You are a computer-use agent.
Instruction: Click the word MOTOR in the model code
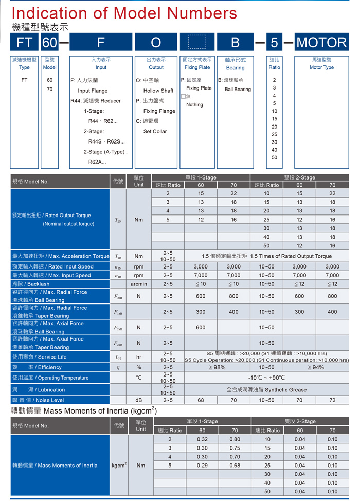pyautogui.click(x=322, y=42)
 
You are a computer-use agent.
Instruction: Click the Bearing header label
pyautogui.click(x=235, y=68)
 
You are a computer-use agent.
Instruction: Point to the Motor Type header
pyautogui.click(x=321, y=67)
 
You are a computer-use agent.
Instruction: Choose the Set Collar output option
pyautogui.click(x=155, y=132)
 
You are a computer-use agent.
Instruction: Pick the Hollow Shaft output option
pyautogui.click(x=158, y=91)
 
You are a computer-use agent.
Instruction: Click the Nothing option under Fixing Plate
pyautogui.click(x=194, y=105)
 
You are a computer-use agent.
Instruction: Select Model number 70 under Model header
pyautogui.click(x=49, y=90)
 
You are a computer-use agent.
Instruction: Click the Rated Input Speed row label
pyautogui.click(x=53, y=266)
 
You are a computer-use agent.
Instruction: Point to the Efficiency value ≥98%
pyautogui.click(x=217, y=367)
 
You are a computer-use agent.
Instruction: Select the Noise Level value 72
pyautogui.click(x=332, y=400)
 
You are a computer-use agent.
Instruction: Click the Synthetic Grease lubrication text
pyautogui.click(x=266, y=389)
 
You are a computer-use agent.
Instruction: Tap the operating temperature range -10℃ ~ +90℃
pyautogui.click(x=266, y=378)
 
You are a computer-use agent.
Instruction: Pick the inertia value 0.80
pyautogui.click(x=235, y=439)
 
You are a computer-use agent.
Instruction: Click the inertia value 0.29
pyautogui.click(x=202, y=466)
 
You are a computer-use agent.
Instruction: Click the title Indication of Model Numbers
pyautogui.click(x=124, y=12)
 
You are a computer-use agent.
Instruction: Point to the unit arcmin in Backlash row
pyautogui.click(x=139, y=284)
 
